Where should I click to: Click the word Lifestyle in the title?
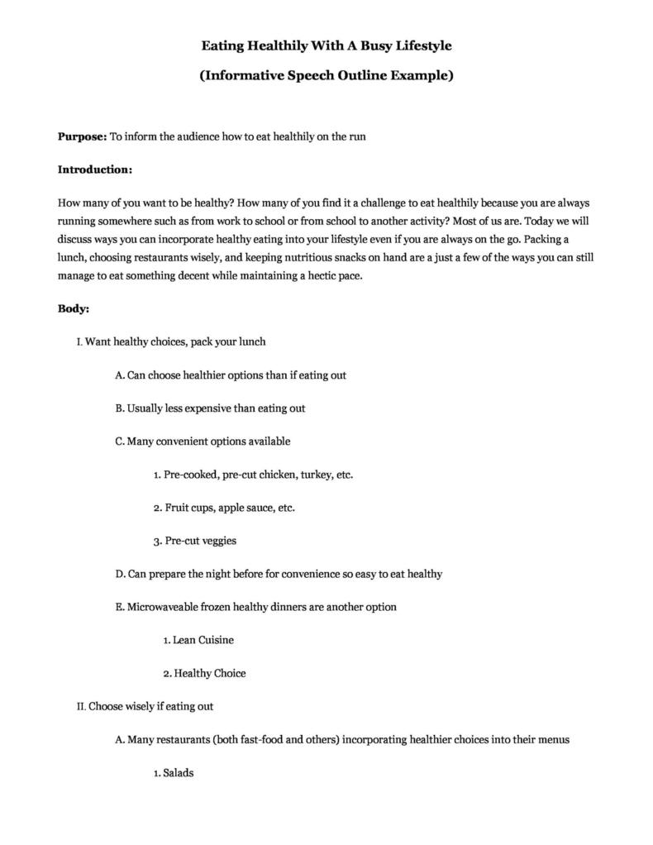[x=418, y=45]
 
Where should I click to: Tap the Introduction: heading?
[x=95, y=169]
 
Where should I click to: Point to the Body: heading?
[x=74, y=308]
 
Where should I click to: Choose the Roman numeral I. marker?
[x=79, y=341]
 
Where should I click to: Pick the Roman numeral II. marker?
[x=81, y=707]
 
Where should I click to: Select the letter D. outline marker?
[x=120, y=574]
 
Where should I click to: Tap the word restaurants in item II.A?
[x=183, y=740]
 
